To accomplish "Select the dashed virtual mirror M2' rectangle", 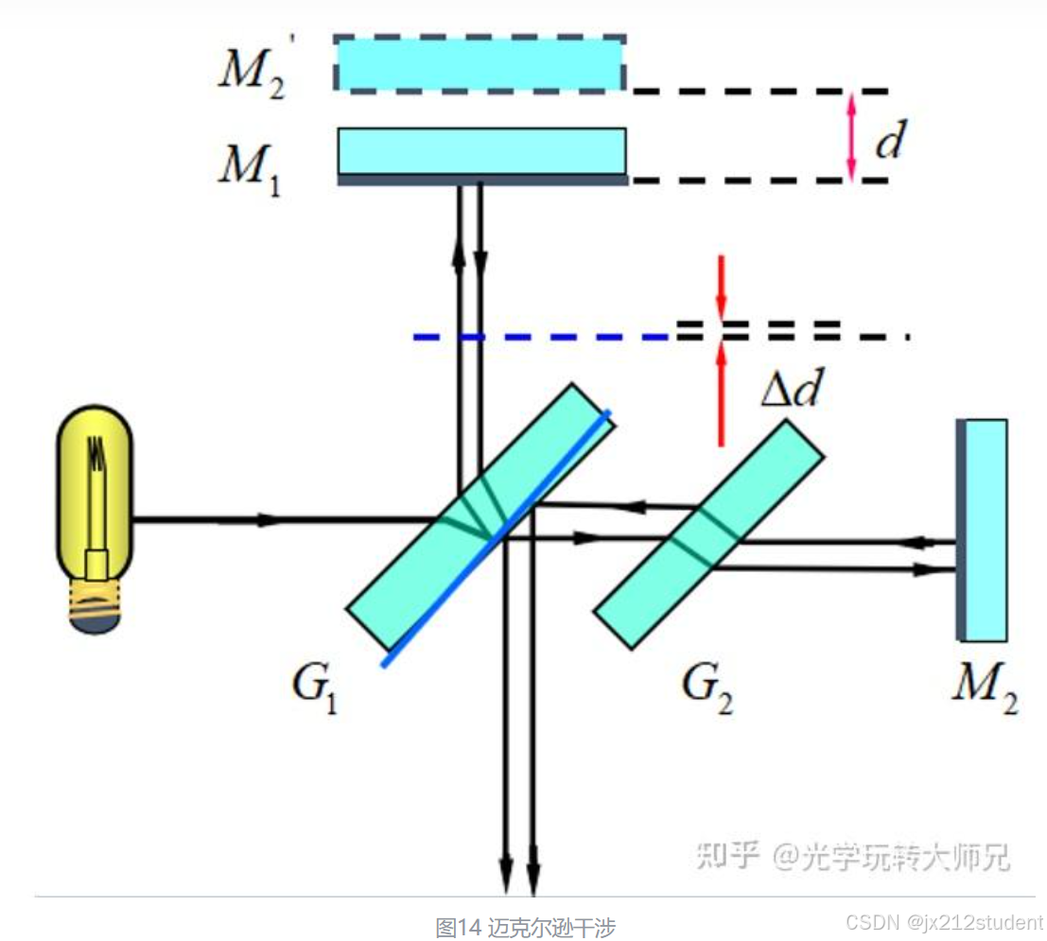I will [x=480, y=63].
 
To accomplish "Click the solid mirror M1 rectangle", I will [x=482, y=151].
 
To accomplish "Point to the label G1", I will [x=316, y=689].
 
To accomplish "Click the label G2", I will [x=707, y=689].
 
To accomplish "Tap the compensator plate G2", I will [x=708, y=534].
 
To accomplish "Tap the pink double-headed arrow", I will [x=851, y=136].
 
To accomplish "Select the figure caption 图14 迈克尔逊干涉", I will [x=526, y=926].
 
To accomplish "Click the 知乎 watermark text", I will [x=728, y=855].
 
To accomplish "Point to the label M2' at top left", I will [x=252, y=72].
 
